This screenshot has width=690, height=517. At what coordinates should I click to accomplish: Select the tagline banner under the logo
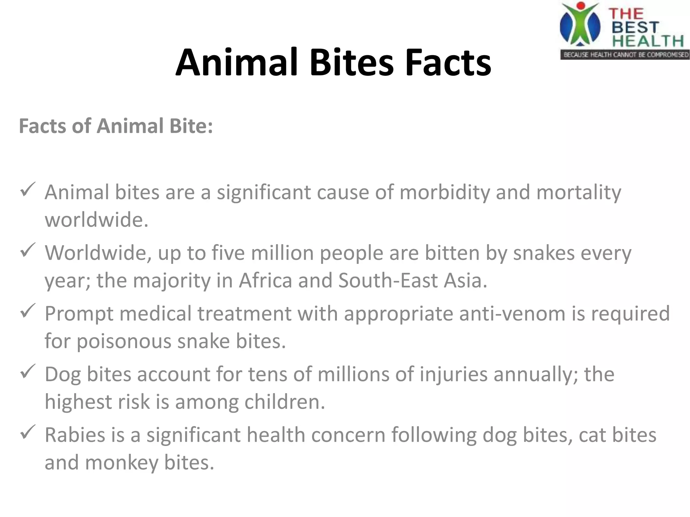click(625, 55)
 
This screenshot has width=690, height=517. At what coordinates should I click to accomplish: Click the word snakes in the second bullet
click(543, 253)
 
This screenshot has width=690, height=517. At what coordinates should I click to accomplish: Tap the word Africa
click(265, 280)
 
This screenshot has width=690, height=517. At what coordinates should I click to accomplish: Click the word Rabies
click(75, 435)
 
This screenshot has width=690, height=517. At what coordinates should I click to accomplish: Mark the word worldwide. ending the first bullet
click(97, 220)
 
